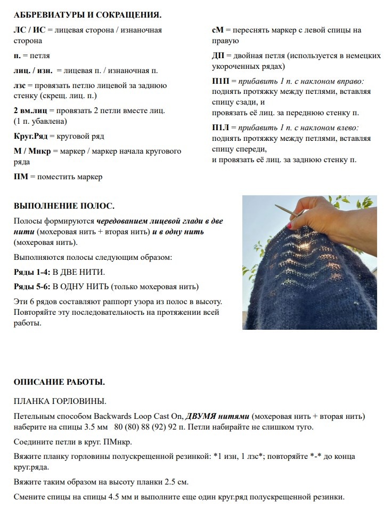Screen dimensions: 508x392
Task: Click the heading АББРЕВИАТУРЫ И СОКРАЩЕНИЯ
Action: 87,15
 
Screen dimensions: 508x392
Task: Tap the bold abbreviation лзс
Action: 20,85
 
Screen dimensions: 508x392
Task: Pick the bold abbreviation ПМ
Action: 21,177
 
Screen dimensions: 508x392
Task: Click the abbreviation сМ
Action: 218,30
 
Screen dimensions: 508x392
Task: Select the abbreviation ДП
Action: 218,55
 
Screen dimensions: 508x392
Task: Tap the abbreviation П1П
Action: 221,81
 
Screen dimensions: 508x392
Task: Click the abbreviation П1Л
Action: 221,128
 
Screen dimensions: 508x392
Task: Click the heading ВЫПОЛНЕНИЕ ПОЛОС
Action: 64,205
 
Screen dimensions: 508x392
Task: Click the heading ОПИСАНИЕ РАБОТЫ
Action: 59,382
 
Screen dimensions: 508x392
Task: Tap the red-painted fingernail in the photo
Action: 290,226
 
